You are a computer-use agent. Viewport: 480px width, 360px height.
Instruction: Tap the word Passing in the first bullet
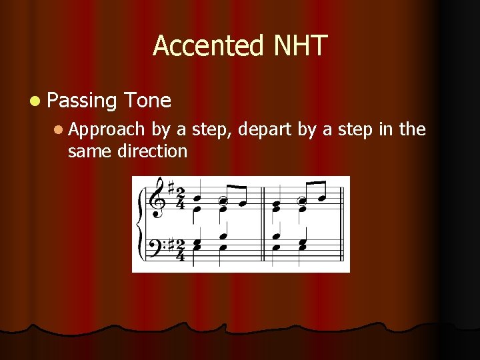(82, 101)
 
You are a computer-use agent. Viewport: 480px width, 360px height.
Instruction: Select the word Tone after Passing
(147, 101)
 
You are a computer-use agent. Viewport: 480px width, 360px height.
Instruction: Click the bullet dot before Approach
(59, 129)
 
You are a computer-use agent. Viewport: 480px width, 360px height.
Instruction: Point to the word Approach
(106, 129)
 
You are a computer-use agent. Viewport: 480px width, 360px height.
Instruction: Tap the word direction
(153, 151)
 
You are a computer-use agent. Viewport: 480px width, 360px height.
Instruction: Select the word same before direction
(90, 151)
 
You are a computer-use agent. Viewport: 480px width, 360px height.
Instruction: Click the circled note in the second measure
(301, 199)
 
